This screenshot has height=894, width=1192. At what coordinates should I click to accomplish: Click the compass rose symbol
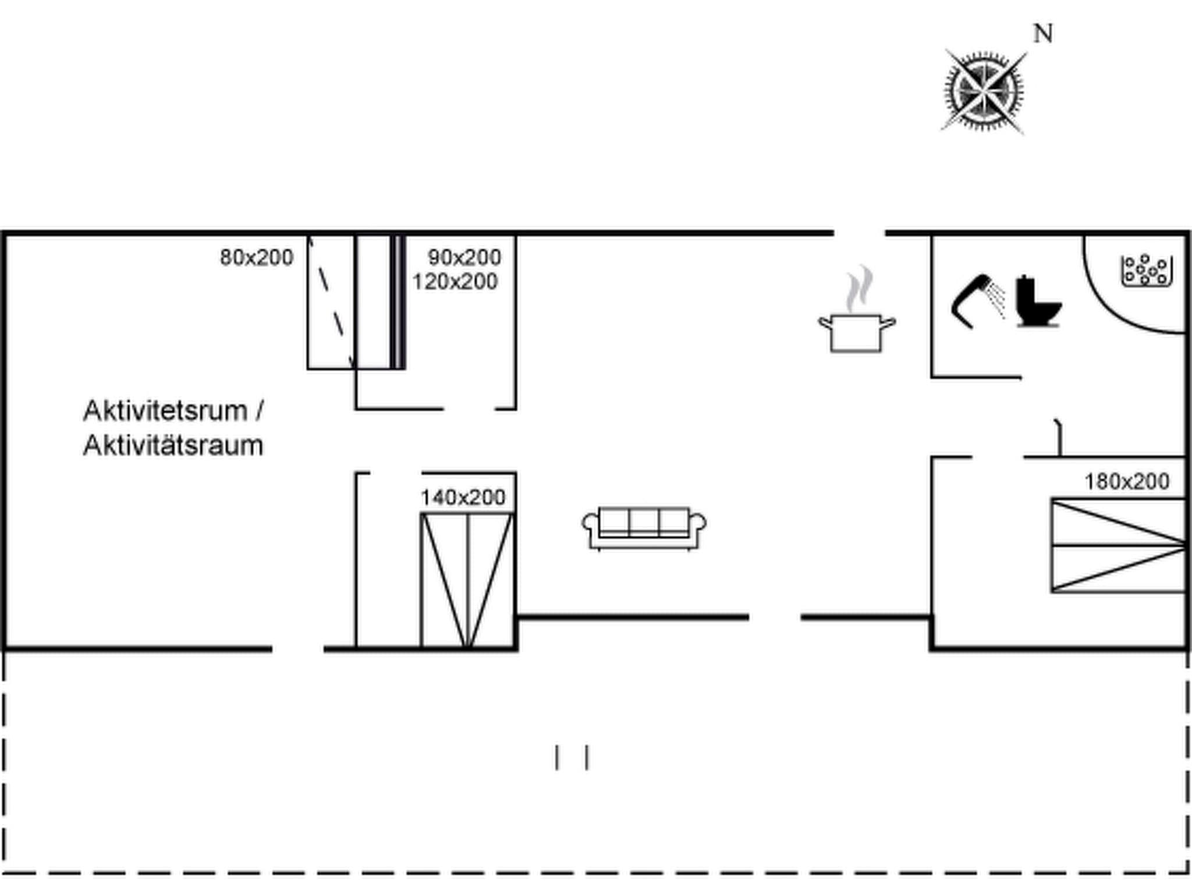tap(983, 91)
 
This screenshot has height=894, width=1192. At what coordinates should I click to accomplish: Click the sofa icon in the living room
tap(644, 528)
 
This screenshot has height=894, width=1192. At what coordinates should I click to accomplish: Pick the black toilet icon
tap(1038, 301)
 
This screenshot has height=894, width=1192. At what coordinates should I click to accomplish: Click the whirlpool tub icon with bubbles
tap(1146, 271)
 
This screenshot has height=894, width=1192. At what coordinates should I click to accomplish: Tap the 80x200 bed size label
tap(256, 257)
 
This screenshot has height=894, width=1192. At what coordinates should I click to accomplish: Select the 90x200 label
tap(464, 257)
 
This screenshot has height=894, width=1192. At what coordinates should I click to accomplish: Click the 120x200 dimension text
tap(455, 282)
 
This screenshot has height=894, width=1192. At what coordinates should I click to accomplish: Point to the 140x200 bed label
tap(463, 498)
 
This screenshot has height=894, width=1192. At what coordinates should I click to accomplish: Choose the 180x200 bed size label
tap(1126, 481)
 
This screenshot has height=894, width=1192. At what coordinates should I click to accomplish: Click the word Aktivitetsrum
tap(165, 411)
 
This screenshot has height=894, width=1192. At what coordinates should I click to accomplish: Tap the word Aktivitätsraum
tap(173, 446)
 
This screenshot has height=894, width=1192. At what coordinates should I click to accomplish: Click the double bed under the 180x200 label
tap(1118, 545)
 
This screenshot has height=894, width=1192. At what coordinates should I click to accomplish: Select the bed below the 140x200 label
tap(467, 580)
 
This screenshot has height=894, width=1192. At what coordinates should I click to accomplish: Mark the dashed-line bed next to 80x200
tap(331, 303)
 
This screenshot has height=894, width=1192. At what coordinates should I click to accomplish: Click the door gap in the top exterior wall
tap(860, 233)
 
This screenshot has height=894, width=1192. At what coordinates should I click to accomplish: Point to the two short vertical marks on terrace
tap(572, 757)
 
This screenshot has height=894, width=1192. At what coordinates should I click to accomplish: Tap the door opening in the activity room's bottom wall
tap(297, 648)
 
